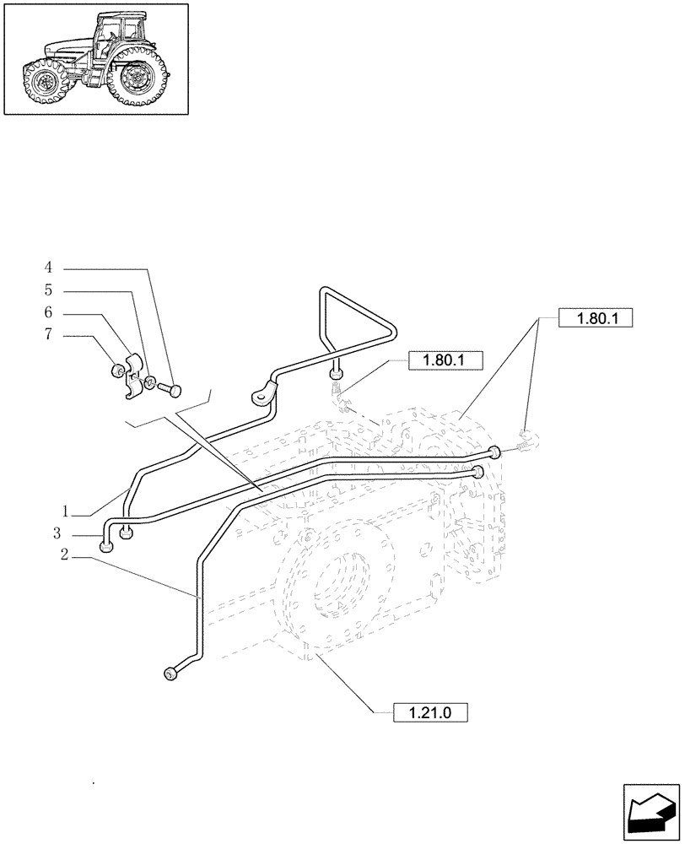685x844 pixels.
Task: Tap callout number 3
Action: (57, 534)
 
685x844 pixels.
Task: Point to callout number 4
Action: (48, 268)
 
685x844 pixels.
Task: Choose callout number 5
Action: (48, 290)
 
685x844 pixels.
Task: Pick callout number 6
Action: (48, 312)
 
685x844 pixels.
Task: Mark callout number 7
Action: (48, 335)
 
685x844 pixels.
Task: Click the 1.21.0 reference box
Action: (430, 712)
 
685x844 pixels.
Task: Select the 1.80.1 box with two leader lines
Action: (595, 319)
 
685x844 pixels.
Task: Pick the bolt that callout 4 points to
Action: (172, 389)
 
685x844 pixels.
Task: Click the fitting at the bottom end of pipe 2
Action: (172, 673)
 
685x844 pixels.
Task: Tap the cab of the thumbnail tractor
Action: (119, 33)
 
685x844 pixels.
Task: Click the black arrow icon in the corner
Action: (650, 811)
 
